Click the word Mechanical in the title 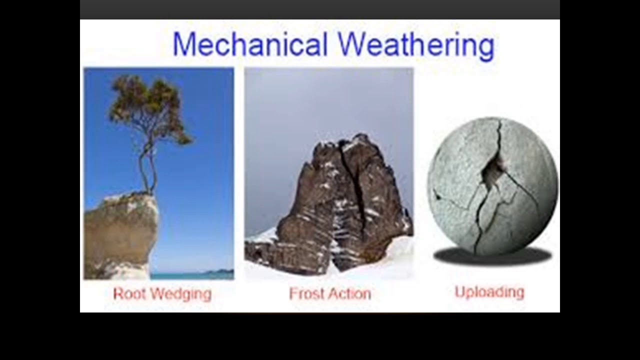(x=250, y=44)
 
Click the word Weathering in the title (x=416, y=44)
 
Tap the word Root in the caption (x=128, y=293)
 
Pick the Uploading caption (x=489, y=292)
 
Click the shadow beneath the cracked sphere (x=492, y=256)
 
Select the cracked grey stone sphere (x=465, y=200)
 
